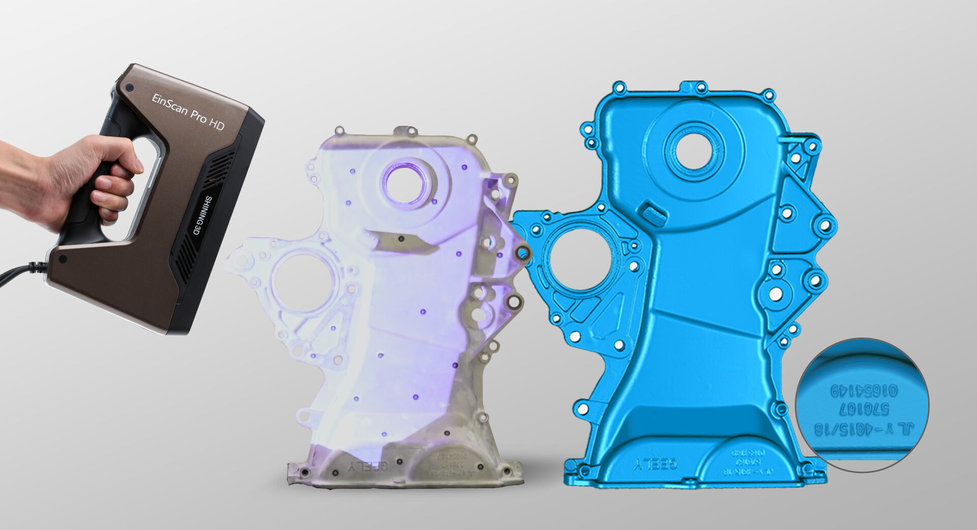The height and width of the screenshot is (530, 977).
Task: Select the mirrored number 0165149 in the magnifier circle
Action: point(864,391)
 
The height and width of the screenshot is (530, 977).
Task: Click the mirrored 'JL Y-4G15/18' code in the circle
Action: point(864,429)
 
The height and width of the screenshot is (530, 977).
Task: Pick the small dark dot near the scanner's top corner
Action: point(130,88)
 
